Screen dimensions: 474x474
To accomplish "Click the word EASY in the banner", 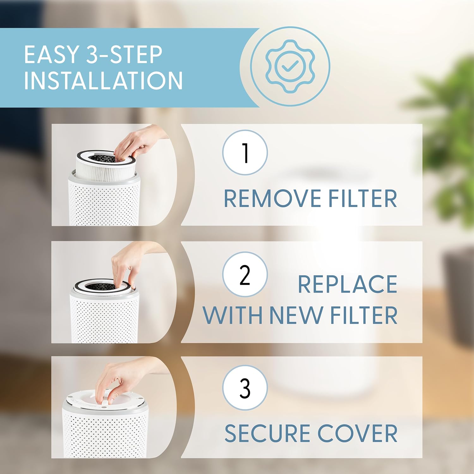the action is pos(52,54).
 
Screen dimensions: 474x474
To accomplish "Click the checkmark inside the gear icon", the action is pos(290,66).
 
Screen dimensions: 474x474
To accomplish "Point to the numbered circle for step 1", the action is pos(245,153).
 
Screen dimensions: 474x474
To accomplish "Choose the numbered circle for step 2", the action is pos(245,274).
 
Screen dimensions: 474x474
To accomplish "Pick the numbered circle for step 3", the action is pos(245,387).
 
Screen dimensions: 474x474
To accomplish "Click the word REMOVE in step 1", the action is pos(272,198).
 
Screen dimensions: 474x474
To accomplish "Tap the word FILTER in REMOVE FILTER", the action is pos(362,198).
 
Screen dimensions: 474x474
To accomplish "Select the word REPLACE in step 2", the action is pos(347,284).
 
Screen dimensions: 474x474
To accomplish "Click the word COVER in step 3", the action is pos(357,433).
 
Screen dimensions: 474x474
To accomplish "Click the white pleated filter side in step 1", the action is pos(104,171).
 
